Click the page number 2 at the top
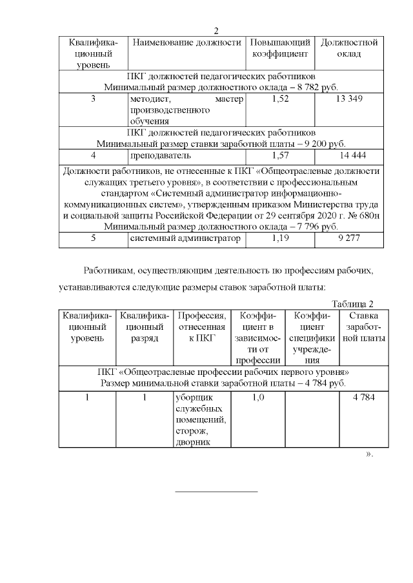click(216, 30)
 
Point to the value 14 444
click(348, 155)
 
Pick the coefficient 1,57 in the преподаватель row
click(281, 155)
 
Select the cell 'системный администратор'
click(186, 238)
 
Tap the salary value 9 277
click(348, 238)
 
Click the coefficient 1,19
click(281, 238)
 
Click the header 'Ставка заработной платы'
click(365, 327)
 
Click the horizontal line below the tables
click(216, 492)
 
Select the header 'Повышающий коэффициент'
click(281, 48)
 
